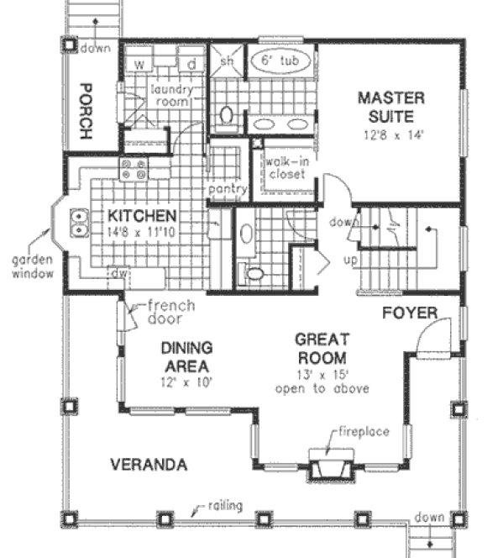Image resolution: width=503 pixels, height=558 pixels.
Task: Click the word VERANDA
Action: click(x=148, y=464)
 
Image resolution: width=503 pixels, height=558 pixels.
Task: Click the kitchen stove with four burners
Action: click(x=134, y=170)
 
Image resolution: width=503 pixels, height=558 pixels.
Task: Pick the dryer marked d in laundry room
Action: click(x=191, y=64)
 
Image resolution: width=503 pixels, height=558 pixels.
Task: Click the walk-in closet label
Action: click(x=285, y=168)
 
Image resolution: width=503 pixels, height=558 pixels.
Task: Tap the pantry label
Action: click(x=227, y=189)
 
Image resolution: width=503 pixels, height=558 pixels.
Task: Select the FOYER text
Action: click(x=411, y=313)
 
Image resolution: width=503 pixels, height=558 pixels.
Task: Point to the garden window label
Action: click(x=32, y=267)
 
